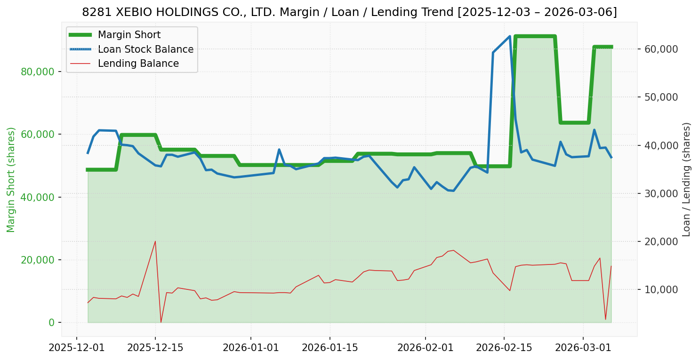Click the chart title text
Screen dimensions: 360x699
point(349,12)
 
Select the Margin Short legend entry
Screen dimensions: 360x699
point(129,35)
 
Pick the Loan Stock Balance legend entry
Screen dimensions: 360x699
point(145,49)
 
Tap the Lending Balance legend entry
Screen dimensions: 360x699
point(138,64)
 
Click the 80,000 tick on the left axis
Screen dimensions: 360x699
point(41,72)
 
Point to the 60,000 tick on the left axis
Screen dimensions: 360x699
point(41,134)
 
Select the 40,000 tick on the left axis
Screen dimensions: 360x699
point(41,197)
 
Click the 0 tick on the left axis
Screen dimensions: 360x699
point(52,322)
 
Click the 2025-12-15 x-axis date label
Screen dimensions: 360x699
point(155,349)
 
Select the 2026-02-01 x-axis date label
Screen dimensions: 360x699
point(426,349)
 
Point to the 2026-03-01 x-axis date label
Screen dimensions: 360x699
point(583,349)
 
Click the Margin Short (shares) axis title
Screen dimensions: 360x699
point(11,179)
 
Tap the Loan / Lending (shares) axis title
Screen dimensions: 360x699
point(686,179)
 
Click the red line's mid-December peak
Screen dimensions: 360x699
point(155,241)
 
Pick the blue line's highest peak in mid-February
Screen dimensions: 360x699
point(510,36)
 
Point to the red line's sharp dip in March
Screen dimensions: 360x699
point(605,320)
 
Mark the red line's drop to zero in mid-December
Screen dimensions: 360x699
point(161,322)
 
